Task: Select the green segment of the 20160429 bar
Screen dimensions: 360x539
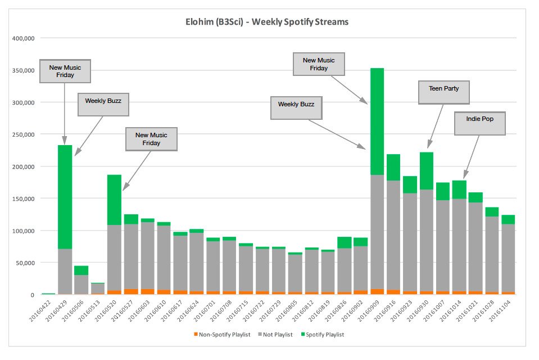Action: [65, 197]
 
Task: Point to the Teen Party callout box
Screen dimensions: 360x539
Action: [443, 92]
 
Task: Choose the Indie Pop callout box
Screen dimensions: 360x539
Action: [479, 124]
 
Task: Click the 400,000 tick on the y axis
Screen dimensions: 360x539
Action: [22, 38]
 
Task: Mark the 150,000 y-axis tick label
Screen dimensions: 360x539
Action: [22, 199]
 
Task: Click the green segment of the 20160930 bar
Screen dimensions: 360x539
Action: [427, 170]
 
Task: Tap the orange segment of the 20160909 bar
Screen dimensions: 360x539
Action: [377, 291]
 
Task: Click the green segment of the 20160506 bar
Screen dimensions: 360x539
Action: [81, 271]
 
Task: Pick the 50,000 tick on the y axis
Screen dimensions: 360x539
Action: [24, 263]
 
